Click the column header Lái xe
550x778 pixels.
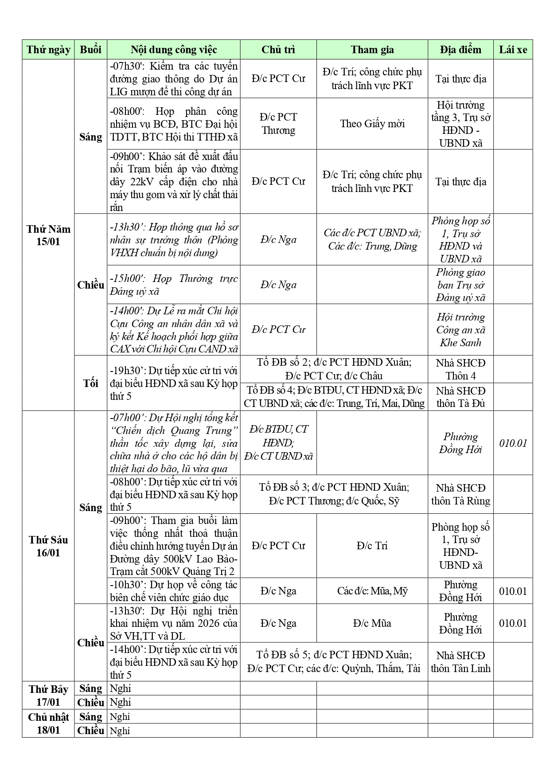(513, 50)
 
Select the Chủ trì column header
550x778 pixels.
(278, 50)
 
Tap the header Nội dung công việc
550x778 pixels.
(173, 50)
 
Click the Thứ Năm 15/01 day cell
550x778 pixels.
(48, 235)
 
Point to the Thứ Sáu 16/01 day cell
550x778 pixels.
(48, 546)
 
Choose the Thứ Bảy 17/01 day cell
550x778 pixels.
(48, 696)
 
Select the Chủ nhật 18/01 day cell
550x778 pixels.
(48, 723)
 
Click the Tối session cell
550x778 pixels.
(90, 383)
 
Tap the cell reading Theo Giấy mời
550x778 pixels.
(372, 124)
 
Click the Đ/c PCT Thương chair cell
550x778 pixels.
(278, 124)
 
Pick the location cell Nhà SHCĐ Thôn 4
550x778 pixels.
(460, 369)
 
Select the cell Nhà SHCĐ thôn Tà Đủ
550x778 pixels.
(460, 397)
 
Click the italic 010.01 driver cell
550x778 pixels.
(513, 443)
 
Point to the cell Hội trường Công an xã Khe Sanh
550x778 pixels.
(460, 329)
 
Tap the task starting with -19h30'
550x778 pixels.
(173, 383)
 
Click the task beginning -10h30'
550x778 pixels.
(173, 591)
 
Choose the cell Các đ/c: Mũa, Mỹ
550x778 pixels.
(372, 591)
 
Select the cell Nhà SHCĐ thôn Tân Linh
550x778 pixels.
(460, 662)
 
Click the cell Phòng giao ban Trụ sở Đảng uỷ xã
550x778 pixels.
(460, 285)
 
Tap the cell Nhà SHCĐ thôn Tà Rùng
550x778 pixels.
(460, 494)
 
